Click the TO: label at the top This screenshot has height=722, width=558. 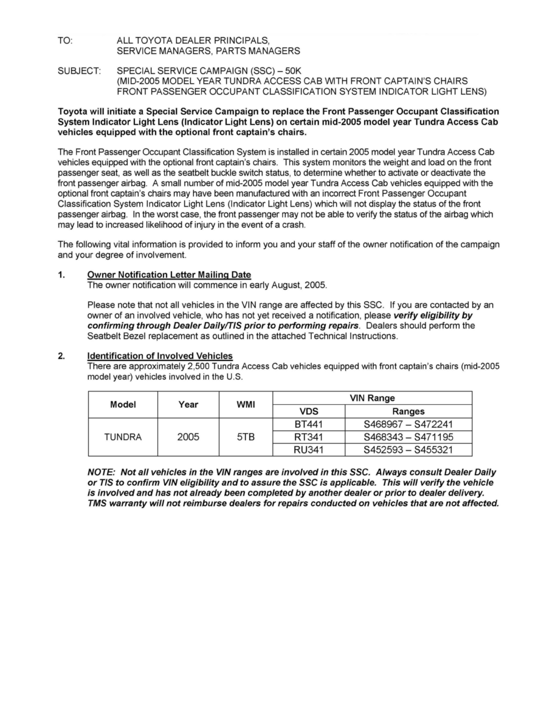[64, 40]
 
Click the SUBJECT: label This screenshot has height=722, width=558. [79, 71]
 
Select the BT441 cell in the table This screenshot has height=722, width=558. [309, 424]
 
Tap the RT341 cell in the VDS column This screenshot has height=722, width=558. [309, 437]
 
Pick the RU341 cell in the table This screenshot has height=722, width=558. [309, 450]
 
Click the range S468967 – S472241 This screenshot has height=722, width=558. [408, 424]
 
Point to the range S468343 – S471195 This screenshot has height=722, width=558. [408, 437]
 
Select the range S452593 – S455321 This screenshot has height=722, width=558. [408, 450]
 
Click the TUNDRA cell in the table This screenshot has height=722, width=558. [123, 437]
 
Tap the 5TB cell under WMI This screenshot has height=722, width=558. [246, 437]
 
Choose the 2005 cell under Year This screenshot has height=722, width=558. [188, 437]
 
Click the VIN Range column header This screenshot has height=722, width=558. [372, 398]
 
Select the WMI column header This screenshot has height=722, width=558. [246, 405]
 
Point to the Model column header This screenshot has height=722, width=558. [123, 405]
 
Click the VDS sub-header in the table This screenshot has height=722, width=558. [309, 411]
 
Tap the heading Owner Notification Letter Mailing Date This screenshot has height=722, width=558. [169, 275]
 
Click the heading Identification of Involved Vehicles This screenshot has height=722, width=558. [160, 356]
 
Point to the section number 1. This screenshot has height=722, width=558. [61, 275]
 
